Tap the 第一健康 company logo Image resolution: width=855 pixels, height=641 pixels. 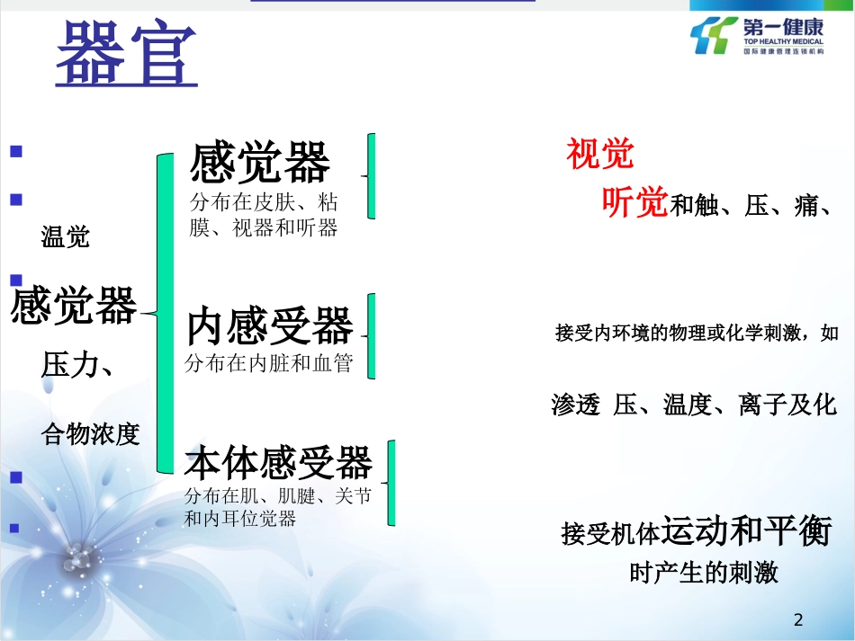coord(756,35)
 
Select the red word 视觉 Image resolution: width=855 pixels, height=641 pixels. coord(600,155)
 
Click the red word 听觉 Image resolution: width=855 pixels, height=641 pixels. coord(634,203)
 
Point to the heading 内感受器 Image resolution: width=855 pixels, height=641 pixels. coord(270,327)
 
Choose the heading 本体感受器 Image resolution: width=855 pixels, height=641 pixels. coord(278,463)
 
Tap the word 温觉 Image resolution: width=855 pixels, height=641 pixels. coord(66,237)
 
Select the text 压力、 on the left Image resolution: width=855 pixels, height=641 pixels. coord(77,365)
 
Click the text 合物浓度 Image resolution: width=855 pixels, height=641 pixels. coord(91,435)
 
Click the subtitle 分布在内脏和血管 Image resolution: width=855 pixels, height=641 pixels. coord(268,364)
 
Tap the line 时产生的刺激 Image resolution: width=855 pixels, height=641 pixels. coord(704,573)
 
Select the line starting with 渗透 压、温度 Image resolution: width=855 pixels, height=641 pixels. coord(694,405)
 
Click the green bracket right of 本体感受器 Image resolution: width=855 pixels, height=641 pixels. coord(392,483)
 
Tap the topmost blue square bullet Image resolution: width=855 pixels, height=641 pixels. coord(15,153)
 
